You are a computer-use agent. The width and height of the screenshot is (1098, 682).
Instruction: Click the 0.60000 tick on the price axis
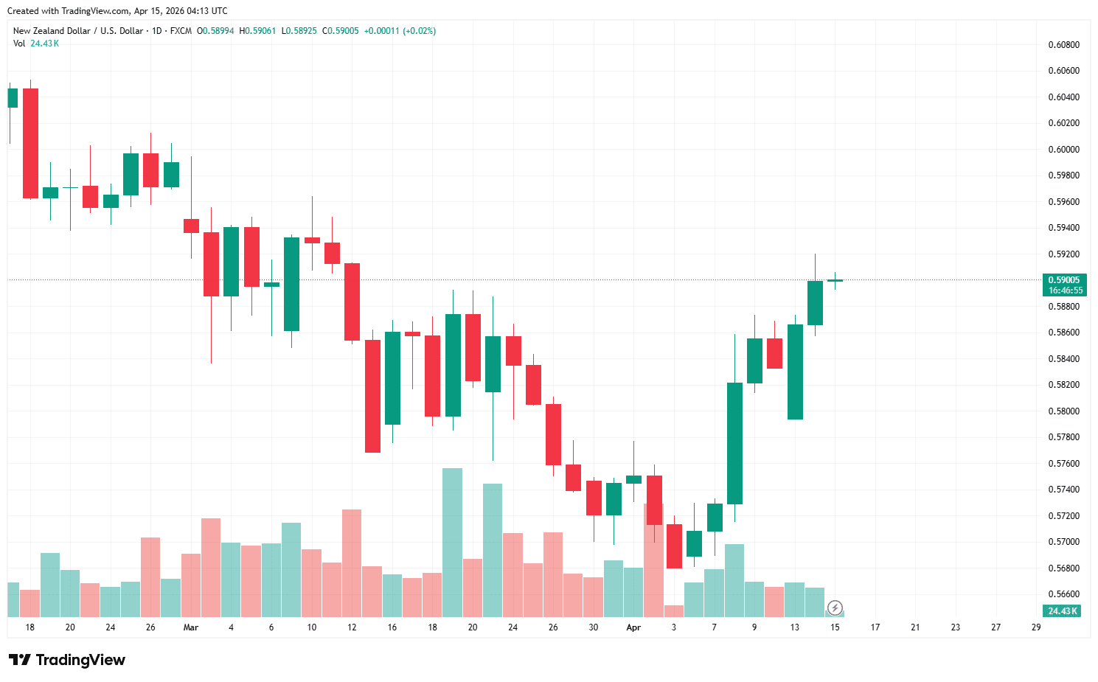[x=1063, y=150]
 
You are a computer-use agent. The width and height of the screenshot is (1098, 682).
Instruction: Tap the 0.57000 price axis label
[x=1063, y=542]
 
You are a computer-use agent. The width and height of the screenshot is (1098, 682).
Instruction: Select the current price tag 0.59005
[x=1063, y=280]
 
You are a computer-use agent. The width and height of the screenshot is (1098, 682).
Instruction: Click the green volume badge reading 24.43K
[x=1063, y=611]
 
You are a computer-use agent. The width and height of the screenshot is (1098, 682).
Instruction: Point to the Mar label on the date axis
[x=191, y=627]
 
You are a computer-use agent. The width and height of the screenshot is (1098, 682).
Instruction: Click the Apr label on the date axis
[x=633, y=627]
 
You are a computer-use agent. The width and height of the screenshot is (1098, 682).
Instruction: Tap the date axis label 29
[x=1036, y=627]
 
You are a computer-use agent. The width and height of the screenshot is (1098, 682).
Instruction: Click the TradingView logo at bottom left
[x=67, y=660]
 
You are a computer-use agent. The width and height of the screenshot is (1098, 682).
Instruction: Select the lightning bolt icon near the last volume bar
[x=835, y=608]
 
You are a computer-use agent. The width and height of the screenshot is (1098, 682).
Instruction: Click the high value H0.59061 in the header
[x=257, y=31]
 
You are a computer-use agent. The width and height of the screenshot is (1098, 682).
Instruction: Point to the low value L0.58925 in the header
[x=299, y=31]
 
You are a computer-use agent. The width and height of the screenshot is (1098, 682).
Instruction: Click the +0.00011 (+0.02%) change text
[x=400, y=31]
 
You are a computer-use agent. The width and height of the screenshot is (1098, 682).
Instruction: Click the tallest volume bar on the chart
[x=452, y=542]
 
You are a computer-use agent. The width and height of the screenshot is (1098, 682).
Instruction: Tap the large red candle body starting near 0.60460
[x=30, y=143]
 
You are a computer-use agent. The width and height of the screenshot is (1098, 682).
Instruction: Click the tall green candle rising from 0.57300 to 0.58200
[x=734, y=443]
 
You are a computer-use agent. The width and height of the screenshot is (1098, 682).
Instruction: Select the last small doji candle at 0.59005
[x=835, y=280]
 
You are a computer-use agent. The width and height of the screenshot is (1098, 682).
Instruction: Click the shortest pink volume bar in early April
[x=674, y=610]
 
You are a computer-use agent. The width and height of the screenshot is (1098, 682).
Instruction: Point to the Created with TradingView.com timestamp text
[x=117, y=11]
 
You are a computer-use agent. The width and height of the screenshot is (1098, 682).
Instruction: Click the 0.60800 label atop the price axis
[x=1063, y=45]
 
